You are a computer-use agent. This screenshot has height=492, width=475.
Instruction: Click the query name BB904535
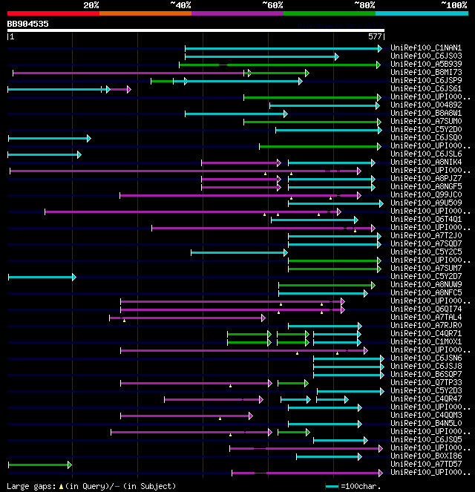pyautogui.click(x=28, y=24)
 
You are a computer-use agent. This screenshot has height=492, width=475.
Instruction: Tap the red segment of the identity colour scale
pyautogui.click(x=53, y=13)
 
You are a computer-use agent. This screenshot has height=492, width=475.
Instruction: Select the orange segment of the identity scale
pyautogui.click(x=145, y=13)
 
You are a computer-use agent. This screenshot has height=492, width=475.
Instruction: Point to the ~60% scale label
pyautogui.click(x=272, y=5)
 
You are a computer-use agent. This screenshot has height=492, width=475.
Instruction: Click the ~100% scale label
pyautogui.click(x=453, y=5)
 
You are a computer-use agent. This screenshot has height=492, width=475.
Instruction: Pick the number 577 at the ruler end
pyautogui.click(x=375, y=36)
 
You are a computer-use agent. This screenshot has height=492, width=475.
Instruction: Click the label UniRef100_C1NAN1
pyautogui.click(x=426, y=48)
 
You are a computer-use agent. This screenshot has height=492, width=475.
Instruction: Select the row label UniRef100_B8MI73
pyautogui.click(x=426, y=73)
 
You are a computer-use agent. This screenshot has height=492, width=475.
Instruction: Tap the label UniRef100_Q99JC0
pyautogui.click(x=426, y=195)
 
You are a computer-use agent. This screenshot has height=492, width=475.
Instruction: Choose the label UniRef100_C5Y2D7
pyautogui.click(x=426, y=277)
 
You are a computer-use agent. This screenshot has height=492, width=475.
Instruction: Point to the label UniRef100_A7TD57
pyautogui.click(x=426, y=465)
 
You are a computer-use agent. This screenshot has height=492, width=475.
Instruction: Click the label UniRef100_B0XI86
pyautogui.click(x=426, y=456)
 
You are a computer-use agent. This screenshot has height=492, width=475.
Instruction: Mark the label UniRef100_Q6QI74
pyautogui.click(x=426, y=309)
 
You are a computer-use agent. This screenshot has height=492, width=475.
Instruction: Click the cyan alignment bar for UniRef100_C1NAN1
pyautogui.click(x=282, y=48)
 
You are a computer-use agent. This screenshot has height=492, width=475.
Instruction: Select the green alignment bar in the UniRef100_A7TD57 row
pyautogui.click(x=39, y=465)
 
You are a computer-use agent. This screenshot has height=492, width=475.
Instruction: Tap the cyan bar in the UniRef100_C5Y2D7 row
pyautogui.click(x=41, y=277)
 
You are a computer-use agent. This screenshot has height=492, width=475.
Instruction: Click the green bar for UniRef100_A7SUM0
pyautogui.click(x=312, y=122)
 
